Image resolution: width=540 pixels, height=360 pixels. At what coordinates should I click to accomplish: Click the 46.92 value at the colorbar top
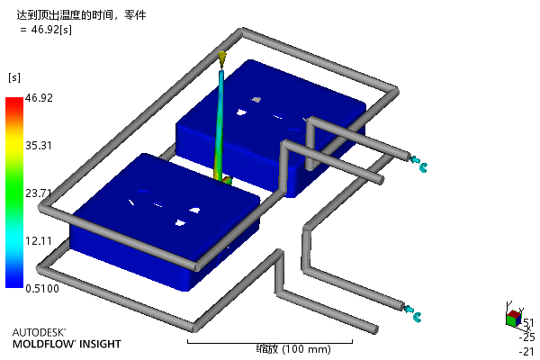(39, 98)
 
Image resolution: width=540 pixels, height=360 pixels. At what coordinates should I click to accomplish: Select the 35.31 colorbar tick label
(39, 146)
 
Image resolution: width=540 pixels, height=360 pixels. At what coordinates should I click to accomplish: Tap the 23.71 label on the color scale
(39, 193)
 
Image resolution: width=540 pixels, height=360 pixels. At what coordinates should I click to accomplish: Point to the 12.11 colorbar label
(39, 241)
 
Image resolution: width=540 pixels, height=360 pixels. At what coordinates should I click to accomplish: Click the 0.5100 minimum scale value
(42, 288)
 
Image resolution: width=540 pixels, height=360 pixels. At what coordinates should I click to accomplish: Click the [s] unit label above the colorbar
(14, 77)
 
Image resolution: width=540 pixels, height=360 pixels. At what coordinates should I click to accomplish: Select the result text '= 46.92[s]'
(46, 30)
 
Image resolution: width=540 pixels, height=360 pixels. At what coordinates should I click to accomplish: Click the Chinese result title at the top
(81, 15)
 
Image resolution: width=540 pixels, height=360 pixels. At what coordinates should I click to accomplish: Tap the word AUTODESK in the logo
(39, 332)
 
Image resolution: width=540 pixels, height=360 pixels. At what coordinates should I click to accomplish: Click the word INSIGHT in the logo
(100, 344)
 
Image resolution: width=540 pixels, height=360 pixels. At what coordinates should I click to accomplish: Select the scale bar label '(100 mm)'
(307, 349)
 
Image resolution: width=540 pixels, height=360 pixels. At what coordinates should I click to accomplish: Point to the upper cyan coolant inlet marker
(418, 163)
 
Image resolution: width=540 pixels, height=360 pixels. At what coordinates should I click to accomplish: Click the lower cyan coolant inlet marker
(412, 313)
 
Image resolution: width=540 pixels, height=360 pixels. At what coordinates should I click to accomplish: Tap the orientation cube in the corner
(514, 319)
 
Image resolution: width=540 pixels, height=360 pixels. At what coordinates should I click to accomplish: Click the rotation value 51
(528, 323)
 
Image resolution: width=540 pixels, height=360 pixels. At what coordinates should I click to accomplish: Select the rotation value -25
(526, 337)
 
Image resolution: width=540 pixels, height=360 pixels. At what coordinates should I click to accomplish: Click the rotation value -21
(526, 351)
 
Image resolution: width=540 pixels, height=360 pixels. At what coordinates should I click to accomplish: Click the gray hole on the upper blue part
(256, 100)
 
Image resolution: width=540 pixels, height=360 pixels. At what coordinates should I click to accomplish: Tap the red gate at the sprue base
(228, 180)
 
